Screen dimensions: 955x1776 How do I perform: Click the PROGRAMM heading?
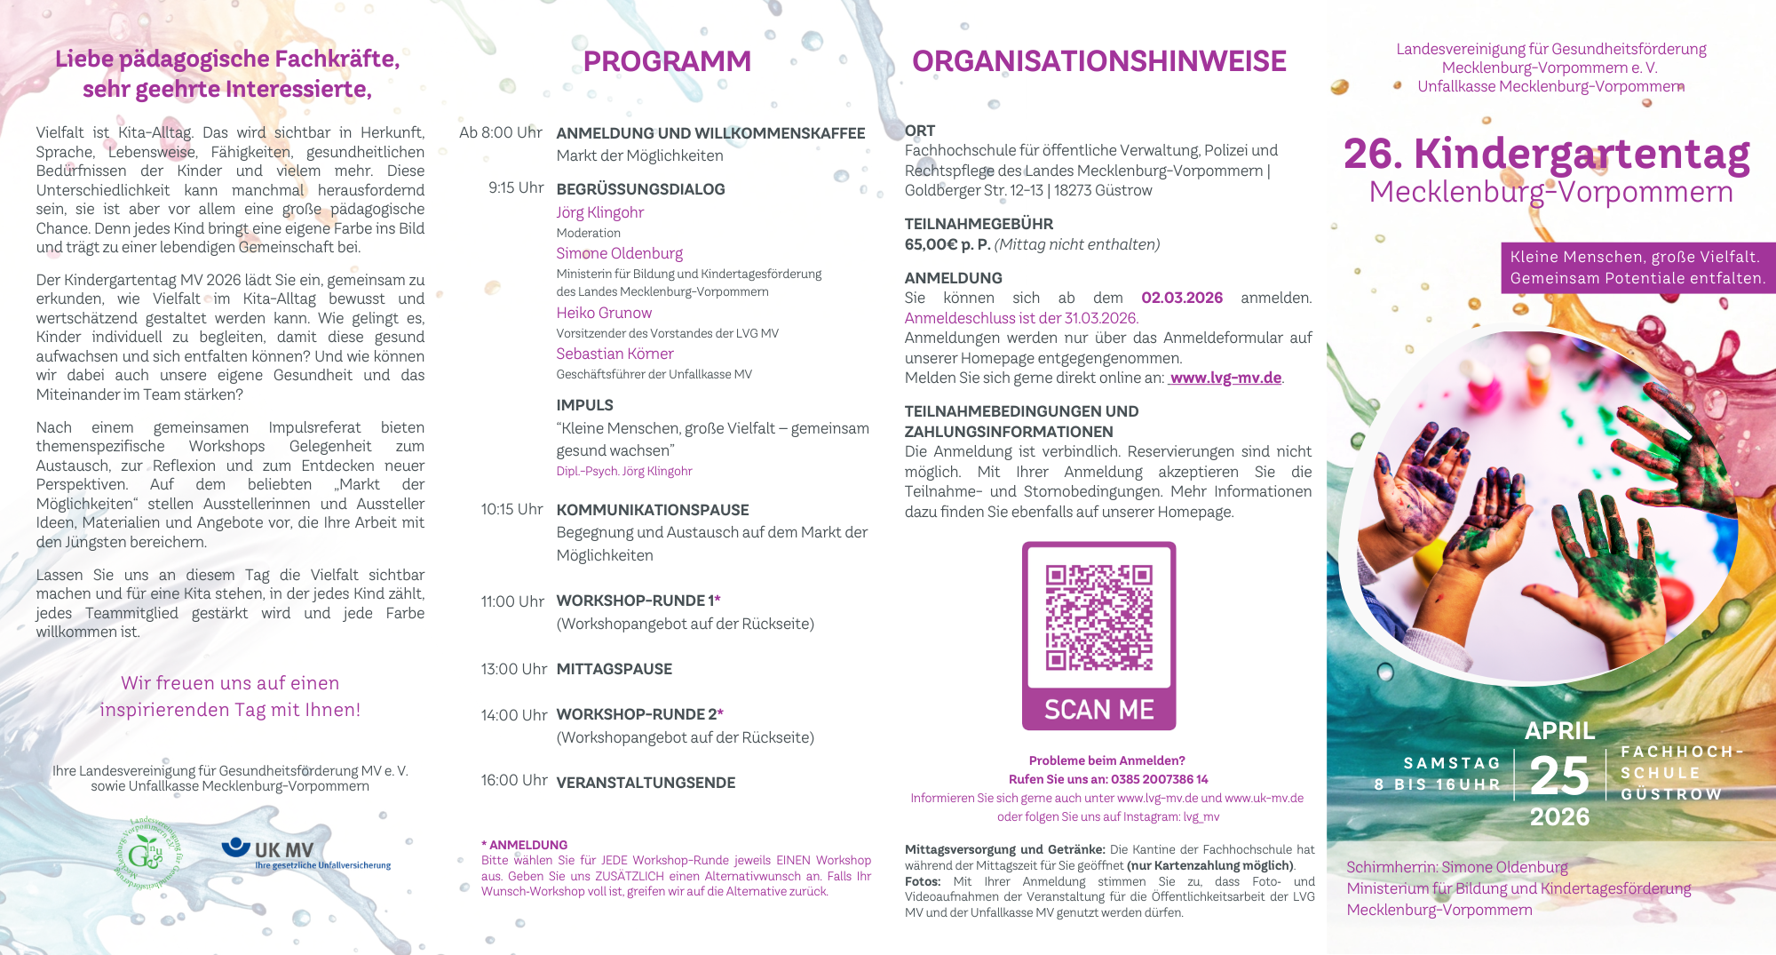[667, 61]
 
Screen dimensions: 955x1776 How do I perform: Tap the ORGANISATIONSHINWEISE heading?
[1098, 61]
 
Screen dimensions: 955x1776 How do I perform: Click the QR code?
[1098, 617]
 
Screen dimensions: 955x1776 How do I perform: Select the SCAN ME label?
[1098, 710]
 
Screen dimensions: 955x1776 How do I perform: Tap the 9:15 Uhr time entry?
[515, 188]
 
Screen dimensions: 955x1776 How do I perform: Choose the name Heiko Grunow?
[604, 313]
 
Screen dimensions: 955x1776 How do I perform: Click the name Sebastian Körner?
[614, 354]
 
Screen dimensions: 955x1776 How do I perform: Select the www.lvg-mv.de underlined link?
[1225, 378]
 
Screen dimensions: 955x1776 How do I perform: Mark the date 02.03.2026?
[1181, 298]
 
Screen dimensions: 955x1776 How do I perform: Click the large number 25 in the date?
[1559, 776]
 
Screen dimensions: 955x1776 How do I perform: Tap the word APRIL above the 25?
[1559, 730]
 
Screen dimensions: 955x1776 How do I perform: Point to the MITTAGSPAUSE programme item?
[614, 669]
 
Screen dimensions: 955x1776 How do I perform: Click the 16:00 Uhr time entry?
[514, 781]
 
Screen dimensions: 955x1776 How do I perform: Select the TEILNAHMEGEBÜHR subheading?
[979, 224]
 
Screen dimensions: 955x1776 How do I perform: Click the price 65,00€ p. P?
[947, 244]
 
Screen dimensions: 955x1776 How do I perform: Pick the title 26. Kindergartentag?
[1546, 154]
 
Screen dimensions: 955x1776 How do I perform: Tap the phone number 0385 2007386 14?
[1160, 779]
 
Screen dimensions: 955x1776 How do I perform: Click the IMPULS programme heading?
[584, 405]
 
